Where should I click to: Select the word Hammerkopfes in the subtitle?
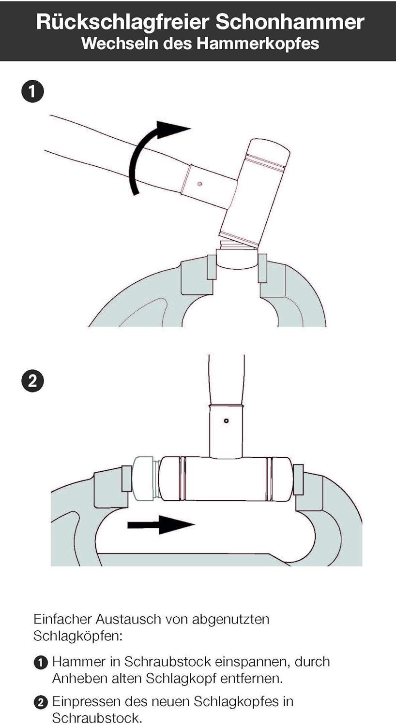tap(258, 43)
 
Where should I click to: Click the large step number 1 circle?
tap(32, 92)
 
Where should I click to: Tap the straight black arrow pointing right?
tap(161, 524)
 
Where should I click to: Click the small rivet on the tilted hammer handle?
tap(199, 184)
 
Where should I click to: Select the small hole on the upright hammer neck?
tap(226, 421)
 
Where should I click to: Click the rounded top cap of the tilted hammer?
tap(269, 150)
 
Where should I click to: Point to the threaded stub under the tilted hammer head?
tap(238, 245)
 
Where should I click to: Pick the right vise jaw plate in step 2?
tap(298, 479)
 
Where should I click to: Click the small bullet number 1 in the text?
tap(40, 663)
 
